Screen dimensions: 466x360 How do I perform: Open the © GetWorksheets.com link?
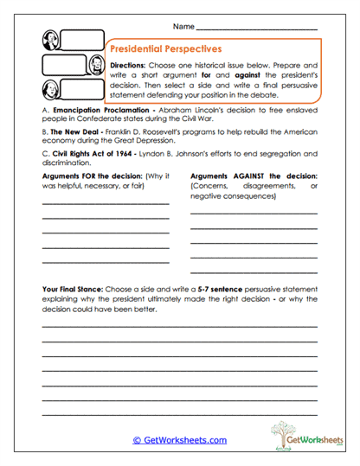[x=179, y=440]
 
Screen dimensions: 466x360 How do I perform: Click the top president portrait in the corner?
[x=52, y=40]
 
